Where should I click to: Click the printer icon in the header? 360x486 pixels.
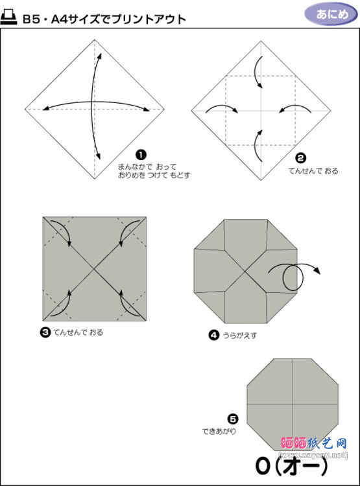pyautogui.click(x=10, y=18)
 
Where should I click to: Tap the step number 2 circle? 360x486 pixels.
pyautogui.click(x=300, y=157)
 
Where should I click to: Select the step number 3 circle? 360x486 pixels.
pyautogui.click(x=45, y=332)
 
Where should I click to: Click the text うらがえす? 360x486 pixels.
pyautogui.click(x=241, y=336)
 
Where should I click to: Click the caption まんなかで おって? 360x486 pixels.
pyautogui.click(x=147, y=167)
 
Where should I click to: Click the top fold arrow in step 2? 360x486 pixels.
pyautogui.click(x=259, y=72)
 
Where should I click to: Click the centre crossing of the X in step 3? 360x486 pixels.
pyautogui.click(x=95, y=269)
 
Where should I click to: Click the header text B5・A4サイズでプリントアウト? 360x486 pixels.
pyautogui.click(x=104, y=19)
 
